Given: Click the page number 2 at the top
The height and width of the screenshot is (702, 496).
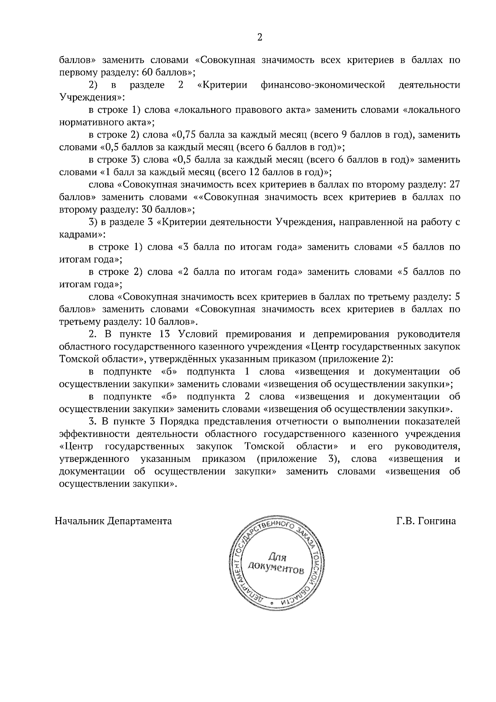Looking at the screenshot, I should tap(260, 38).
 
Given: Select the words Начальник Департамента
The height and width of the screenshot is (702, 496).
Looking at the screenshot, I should tap(113, 521).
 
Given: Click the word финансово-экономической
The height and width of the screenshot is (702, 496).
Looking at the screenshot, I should tap(323, 85).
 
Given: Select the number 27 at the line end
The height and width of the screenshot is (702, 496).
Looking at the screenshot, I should tap(454, 185).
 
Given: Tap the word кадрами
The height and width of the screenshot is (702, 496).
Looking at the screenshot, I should tap(80, 235).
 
